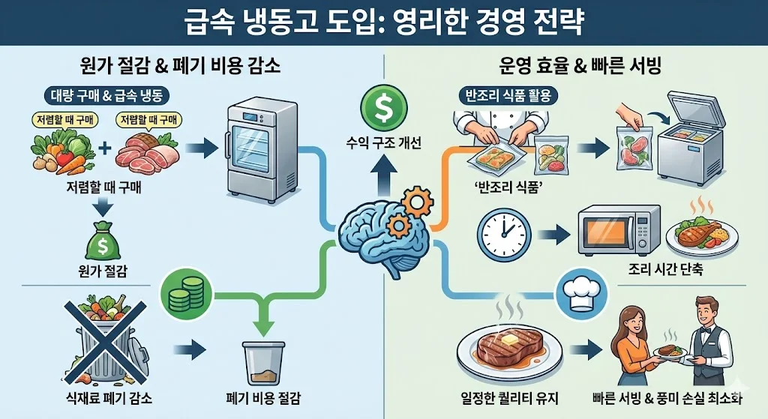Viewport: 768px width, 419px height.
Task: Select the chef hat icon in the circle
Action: [x=578, y=294]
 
